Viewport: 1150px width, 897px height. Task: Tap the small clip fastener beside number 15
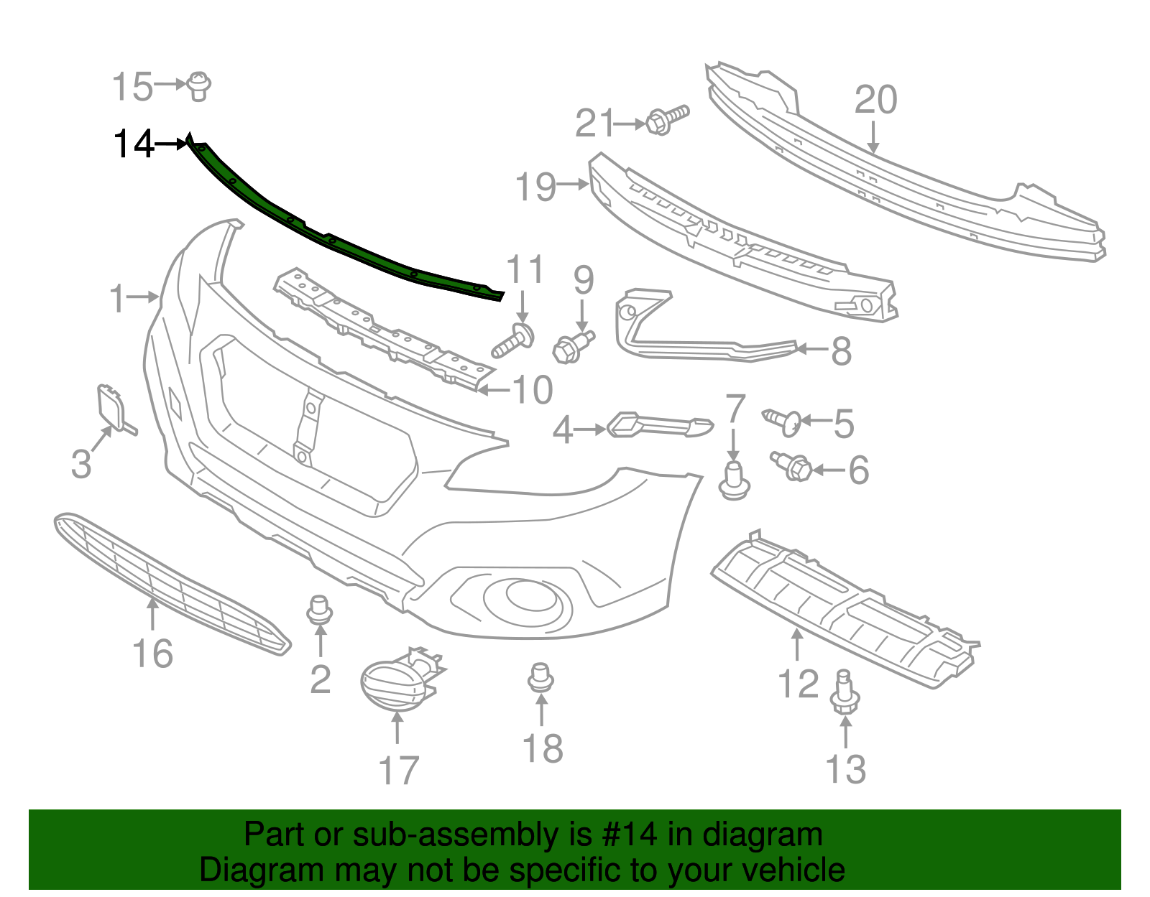click(x=199, y=86)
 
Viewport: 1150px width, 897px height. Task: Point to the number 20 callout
click(x=875, y=100)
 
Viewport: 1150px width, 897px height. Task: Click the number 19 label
click(x=536, y=187)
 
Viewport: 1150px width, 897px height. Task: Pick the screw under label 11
click(x=513, y=341)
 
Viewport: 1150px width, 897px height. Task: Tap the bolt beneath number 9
click(x=574, y=347)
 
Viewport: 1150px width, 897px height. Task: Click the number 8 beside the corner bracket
click(x=841, y=351)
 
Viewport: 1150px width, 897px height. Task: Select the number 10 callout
click(x=533, y=390)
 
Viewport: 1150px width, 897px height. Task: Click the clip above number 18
click(x=541, y=677)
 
